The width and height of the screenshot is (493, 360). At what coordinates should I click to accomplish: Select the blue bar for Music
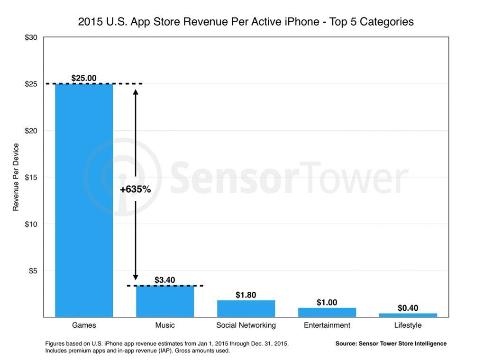(x=165, y=301)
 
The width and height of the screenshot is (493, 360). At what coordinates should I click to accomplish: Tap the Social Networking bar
(x=246, y=308)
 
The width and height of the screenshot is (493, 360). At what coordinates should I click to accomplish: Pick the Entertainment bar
(x=327, y=312)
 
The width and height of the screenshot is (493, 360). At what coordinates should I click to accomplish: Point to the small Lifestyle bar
(x=408, y=315)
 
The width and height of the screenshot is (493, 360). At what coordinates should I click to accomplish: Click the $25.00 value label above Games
(x=84, y=78)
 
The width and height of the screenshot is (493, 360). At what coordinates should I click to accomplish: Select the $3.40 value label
(x=165, y=280)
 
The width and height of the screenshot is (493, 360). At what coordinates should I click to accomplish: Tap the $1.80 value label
(x=246, y=295)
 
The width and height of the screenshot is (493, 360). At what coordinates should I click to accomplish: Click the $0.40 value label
(x=408, y=308)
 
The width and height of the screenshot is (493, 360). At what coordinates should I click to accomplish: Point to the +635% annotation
(x=136, y=189)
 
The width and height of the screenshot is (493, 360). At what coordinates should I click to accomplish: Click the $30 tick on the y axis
(x=31, y=37)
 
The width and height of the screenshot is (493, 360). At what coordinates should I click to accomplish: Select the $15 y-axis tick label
(x=31, y=177)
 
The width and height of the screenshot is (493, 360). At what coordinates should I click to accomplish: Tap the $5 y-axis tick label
(x=33, y=270)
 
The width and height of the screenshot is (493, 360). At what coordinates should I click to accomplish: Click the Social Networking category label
(x=246, y=325)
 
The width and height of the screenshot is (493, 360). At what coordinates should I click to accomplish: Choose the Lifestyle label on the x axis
(x=408, y=325)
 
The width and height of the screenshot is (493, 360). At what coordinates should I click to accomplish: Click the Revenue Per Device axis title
(x=16, y=177)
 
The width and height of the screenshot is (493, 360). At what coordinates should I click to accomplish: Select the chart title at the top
(x=246, y=22)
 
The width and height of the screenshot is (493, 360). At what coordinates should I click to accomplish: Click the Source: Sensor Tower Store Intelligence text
(x=391, y=343)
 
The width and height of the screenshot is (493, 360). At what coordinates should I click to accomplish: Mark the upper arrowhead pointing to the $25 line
(x=136, y=92)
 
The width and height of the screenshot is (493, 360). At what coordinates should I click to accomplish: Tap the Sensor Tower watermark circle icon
(x=122, y=178)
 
